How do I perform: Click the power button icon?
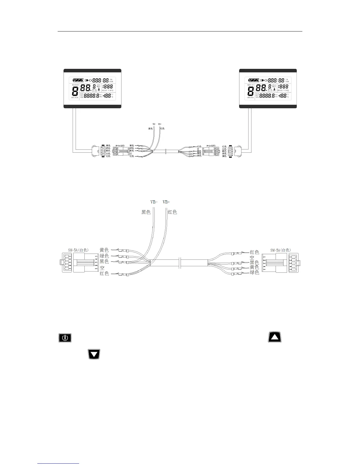pyautogui.click(x=65, y=337)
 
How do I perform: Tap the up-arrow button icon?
pyautogui.click(x=274, y=337)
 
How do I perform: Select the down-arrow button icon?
pyautogui.click(x=94, y=354)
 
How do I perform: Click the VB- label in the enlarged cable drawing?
pyautogui.click(x=154, y=202)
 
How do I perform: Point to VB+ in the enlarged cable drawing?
pyautogui.click(x=166, y=202)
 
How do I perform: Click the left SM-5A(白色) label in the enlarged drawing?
pyautogui.click(x=78, y=250)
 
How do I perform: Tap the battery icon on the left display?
pyautogui.click(x=78, y=80)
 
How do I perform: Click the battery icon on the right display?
pyautogui.click(x=254, y=80)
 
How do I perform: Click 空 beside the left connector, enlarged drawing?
pyautogui.click(x=102, y=268)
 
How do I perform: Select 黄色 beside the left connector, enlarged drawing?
pyautogui.click(x=104, y=250)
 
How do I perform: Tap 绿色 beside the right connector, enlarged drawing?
pyautogui.click(x=254, y=273)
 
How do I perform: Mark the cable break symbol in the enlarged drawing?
pyautogui.click(x=180, y=263)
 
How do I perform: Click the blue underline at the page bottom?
pyautogui.click(x=59, y=464)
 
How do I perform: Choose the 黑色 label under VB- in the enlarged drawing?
pyautogui.click(x=146, y=212)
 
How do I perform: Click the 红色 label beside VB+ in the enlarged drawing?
pyautogui.click(x=172, y=212)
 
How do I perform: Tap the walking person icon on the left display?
pyautogui.click(x=99, y=90)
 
